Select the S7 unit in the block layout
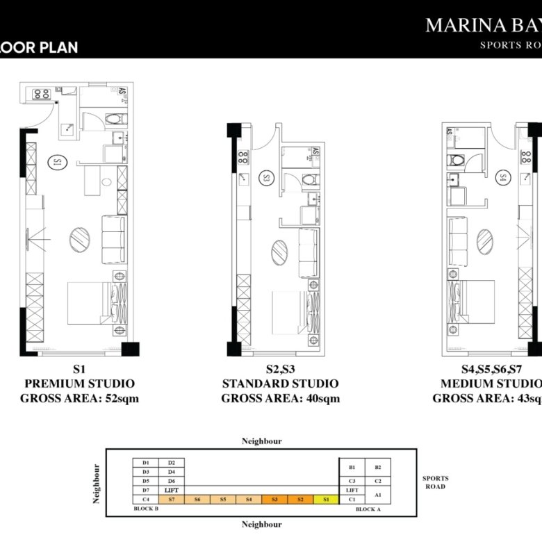(x=172, y=499)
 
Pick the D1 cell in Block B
(x=146, y=462)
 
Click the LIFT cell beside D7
(x=172, y=490)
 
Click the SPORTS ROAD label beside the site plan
(x=435, y=482)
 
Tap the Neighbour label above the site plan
(x=261, y=441)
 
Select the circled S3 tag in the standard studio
(x=267, y=179)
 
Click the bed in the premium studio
(x=88, y=302)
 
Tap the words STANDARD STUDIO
(x=280, y=384)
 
